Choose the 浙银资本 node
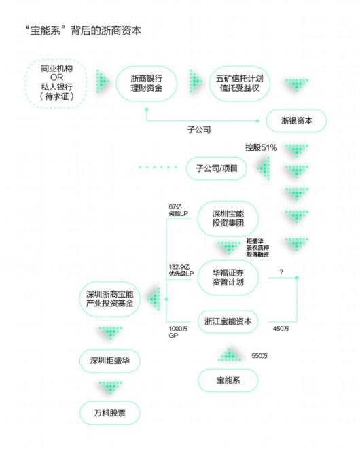click(296, 121)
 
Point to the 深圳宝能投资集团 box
click(228, 217)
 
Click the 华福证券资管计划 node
click(228, 276)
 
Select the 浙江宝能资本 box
click(228, 321)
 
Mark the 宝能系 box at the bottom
click(228, 380)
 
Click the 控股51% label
click(261, 147)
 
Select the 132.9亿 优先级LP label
click(180, 270)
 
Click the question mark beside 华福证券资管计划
click(281, 271)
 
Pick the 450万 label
click(281, 329)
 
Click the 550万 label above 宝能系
click(261, 355)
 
